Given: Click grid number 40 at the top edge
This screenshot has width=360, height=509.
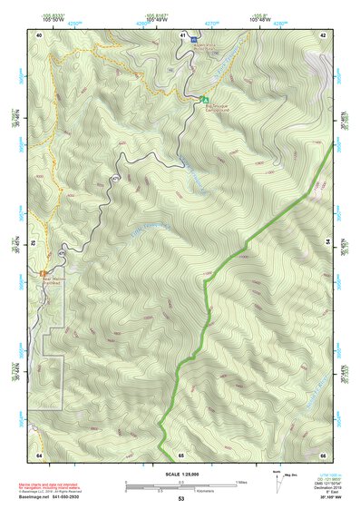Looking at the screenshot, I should (x=39, y=34).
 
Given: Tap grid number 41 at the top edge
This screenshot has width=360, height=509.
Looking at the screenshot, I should (x=183, y=34).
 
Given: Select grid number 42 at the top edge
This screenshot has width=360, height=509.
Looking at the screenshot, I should (x=325, y=34).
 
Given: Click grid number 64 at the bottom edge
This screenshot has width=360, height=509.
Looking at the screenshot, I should (x=39, y=453).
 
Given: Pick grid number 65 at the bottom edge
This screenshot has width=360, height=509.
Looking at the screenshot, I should (x=181, y=453).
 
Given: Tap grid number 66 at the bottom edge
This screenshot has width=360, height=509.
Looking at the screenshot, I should (x=324, y=453).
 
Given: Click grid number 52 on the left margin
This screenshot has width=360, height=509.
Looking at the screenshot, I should (x=33, y=242).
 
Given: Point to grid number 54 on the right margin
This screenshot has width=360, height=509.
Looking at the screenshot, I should (x=329, y=242).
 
